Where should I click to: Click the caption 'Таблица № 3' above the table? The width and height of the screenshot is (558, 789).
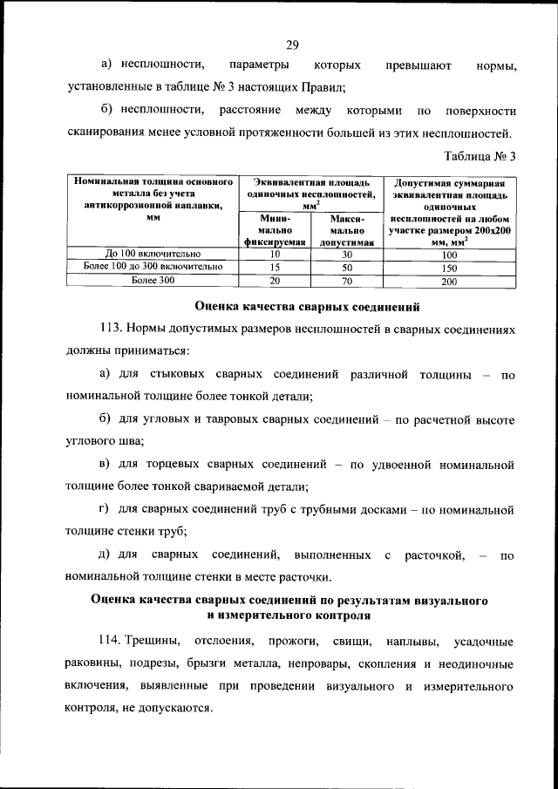(481, 157)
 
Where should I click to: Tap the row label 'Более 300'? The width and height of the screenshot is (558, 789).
(153, 280)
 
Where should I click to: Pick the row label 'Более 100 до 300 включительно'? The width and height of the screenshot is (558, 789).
(153, 267)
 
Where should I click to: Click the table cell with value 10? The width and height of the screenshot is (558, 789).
(275, 254)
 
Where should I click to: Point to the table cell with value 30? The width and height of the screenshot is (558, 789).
(346, 254)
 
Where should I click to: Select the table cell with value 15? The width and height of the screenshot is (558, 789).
(275, 267)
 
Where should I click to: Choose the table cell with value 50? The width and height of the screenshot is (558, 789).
(346, 267)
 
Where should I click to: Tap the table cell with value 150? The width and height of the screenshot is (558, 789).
(449, 267)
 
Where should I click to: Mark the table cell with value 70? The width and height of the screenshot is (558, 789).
(346, 280)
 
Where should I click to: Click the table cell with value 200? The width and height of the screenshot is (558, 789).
(449, 281)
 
